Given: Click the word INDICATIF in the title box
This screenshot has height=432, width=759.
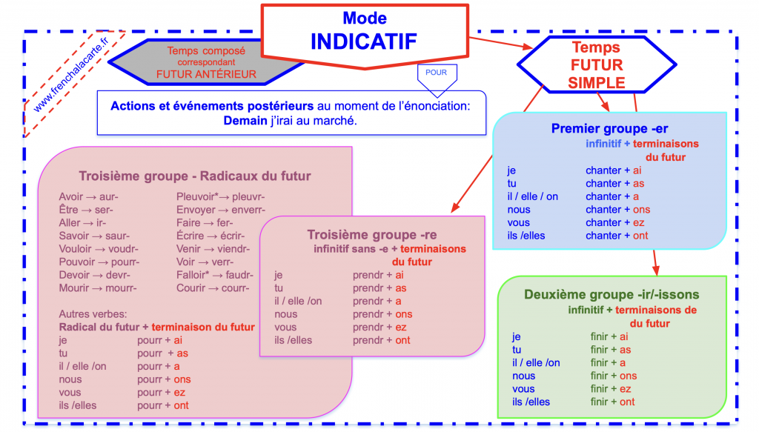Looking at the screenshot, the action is point(364,41).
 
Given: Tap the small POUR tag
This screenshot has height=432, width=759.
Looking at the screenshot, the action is point(437,73).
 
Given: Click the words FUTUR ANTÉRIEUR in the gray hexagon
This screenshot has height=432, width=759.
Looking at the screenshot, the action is point(206,74).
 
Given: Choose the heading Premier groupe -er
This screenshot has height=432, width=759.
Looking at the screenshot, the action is point(609,129).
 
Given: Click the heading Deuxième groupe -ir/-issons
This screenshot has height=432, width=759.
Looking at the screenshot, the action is point(611,294).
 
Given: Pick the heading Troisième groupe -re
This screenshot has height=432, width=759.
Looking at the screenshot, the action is point(372,235).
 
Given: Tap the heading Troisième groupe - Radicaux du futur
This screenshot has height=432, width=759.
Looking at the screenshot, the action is point(195,176).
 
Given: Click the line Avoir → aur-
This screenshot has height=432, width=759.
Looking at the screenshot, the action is point(88,197).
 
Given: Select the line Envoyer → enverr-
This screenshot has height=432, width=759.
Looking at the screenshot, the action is point(220,210).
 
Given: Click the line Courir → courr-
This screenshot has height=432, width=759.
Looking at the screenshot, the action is point(213,288).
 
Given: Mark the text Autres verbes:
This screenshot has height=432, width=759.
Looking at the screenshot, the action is point(93,313).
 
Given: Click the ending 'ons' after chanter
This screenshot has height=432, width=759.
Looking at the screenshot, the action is point(642,210).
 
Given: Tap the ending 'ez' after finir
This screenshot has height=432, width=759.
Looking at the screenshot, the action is point(626,389).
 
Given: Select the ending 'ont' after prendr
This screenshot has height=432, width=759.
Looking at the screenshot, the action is point(402,340).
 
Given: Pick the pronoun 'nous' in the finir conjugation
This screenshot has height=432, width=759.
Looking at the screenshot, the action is point(523,376).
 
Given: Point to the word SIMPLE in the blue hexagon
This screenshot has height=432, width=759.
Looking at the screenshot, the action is point(597,83).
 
